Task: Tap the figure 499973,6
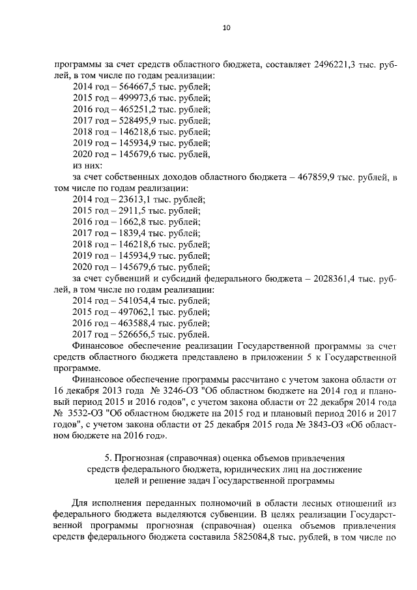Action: coord(132,98)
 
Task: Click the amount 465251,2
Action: coord(132,109)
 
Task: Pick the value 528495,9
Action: coord(132,121)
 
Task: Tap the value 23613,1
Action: coord(130,199)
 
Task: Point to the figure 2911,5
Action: coord(127,211)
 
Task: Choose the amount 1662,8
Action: coord(127,222)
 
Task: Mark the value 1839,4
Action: coord(127,233)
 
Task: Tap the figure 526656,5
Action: coord(132,334)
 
